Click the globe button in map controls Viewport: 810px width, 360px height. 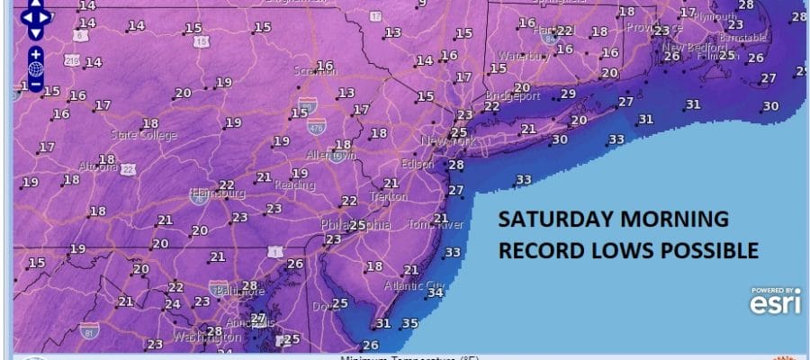(35, 68)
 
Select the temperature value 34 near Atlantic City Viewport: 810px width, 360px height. (436, 292)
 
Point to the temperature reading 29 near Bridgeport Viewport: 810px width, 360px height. (568, 94)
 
